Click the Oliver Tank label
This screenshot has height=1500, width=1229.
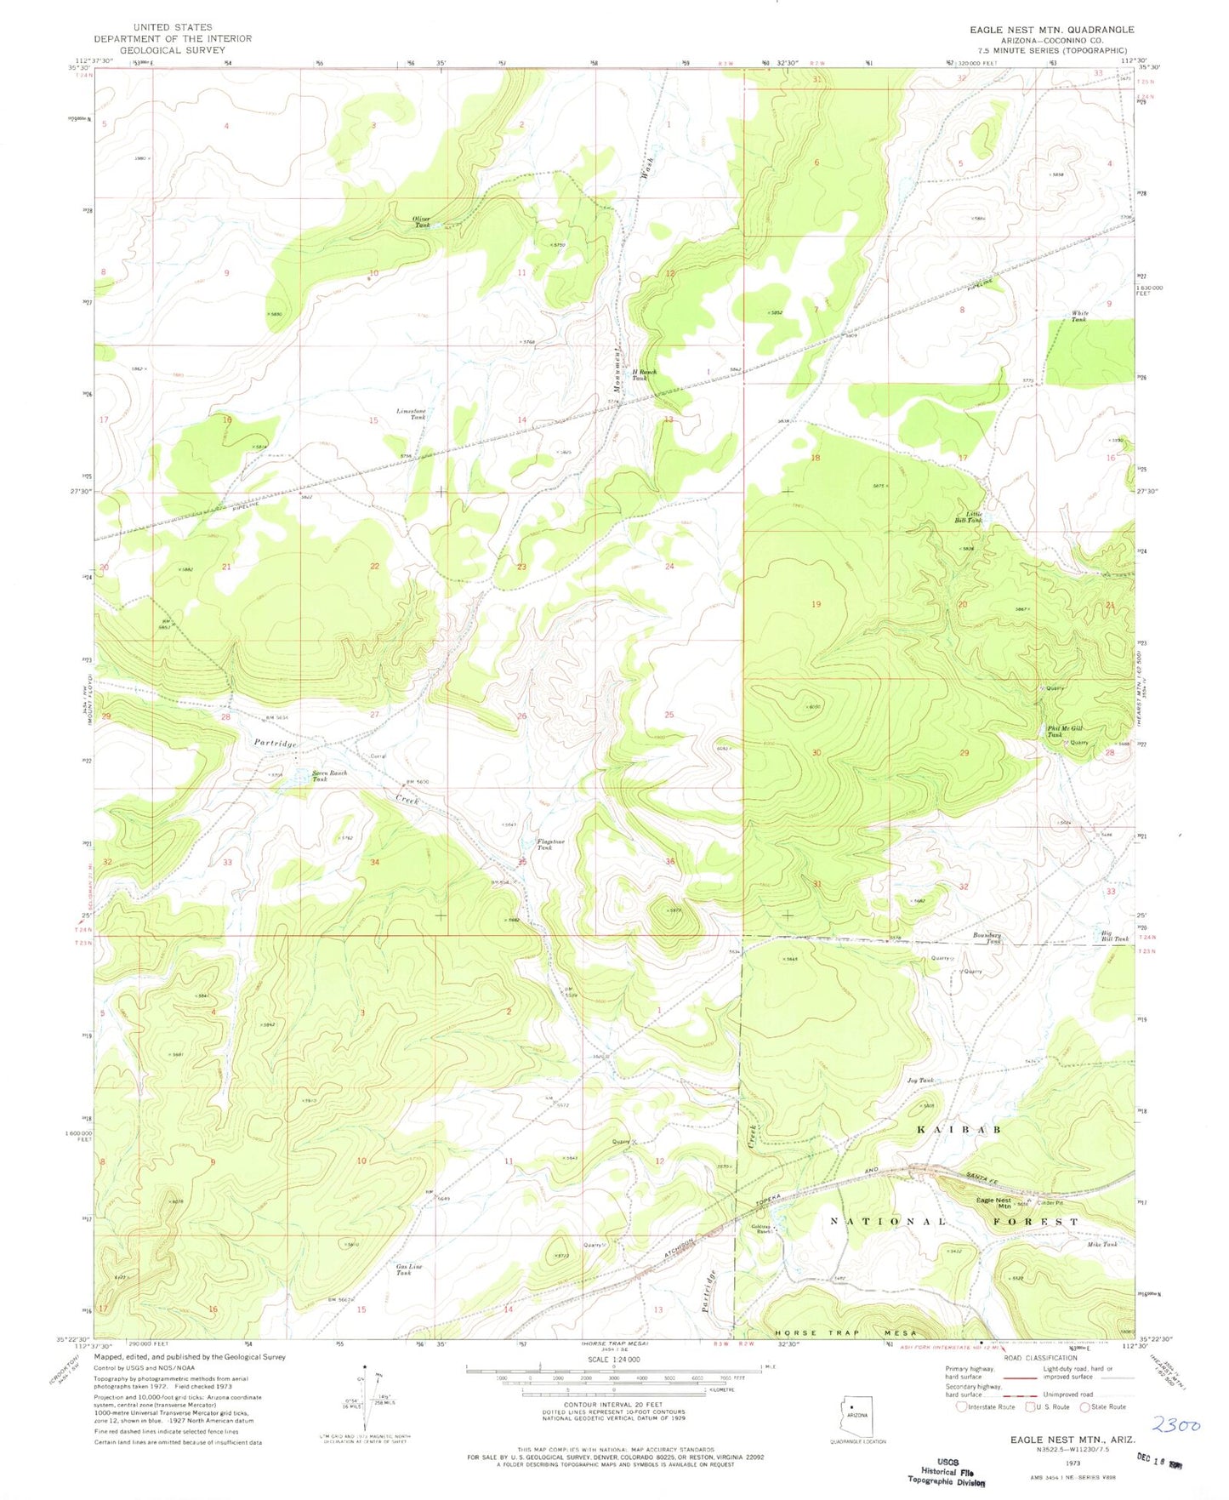(x=422, y=222)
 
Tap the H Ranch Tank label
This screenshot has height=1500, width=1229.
(x=643, y=374)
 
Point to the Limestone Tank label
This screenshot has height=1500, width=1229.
(x=412, y=413)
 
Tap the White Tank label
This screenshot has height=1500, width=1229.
(x=1078, y=317)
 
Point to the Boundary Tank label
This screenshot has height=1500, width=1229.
(x=987, y=938)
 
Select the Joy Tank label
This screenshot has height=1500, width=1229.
(x=919, y=1081)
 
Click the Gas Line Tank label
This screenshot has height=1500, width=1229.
(x=409, y=1270)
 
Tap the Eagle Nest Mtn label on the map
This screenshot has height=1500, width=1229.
(x=993, y=1203)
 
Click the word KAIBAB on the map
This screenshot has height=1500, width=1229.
(x=958, y=1129)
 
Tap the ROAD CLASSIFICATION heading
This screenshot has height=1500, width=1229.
(x=1039, y=1358)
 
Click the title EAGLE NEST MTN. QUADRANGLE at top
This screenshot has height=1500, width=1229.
(x=1051, y=30)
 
